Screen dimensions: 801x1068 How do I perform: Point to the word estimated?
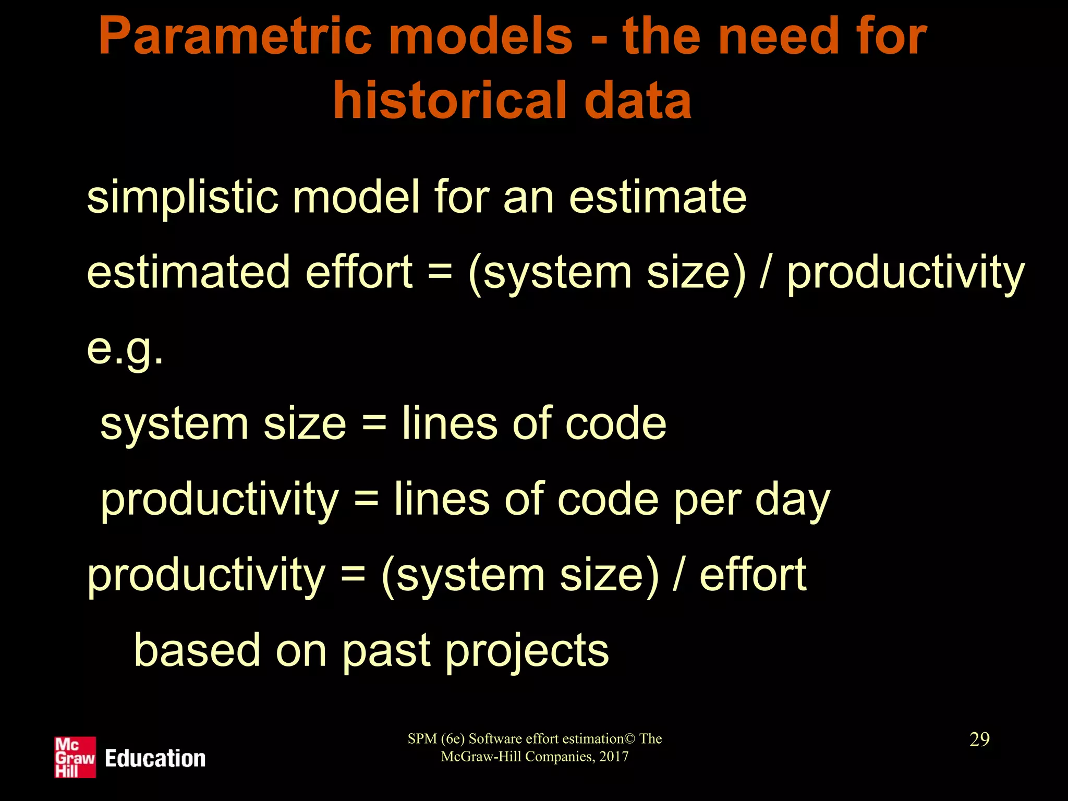coord(188,272)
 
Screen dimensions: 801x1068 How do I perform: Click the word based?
coord(197,650)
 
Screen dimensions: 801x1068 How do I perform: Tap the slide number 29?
coord(979,739)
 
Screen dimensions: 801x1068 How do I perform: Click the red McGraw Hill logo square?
coord(75,757)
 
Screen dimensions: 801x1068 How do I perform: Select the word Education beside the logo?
coord(155,758)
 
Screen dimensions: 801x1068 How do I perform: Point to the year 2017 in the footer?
coord(614,757)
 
